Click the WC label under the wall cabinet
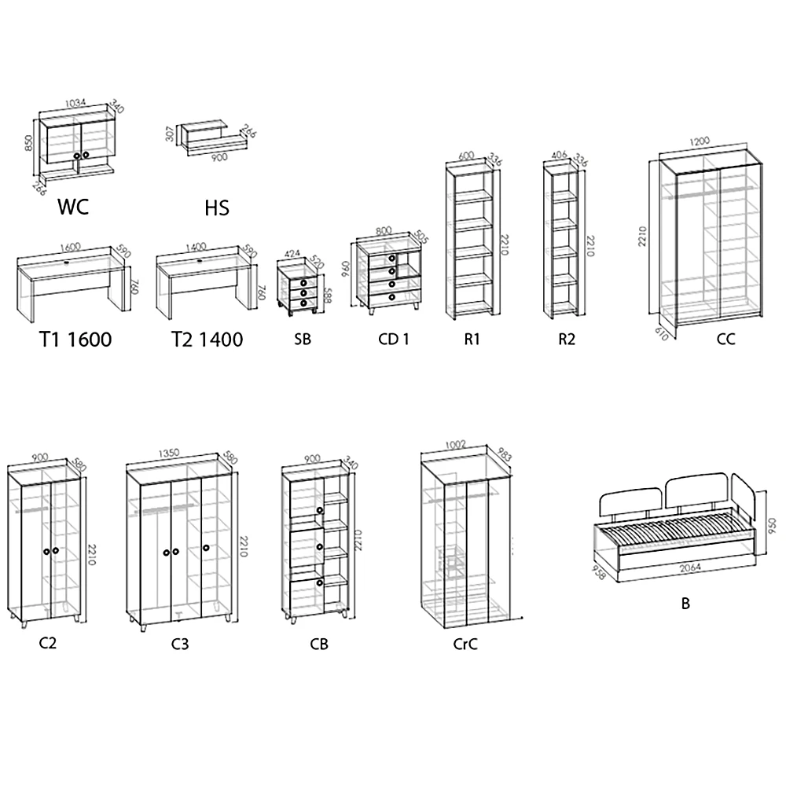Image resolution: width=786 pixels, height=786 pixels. (x=72, y=208)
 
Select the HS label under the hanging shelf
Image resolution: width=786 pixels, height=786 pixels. (x=216, y=208)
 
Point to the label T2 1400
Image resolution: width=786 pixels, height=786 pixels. (x=207, y=340)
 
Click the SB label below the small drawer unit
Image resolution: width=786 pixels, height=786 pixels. (x=303, y=340)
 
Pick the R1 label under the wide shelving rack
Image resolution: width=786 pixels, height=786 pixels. (x=471, y=340)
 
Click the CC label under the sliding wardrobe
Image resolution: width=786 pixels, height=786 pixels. (x=726, y=340)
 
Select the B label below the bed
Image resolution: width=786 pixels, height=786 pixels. (x=685, y=604)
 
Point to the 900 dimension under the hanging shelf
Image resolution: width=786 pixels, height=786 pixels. (x=219, y=156)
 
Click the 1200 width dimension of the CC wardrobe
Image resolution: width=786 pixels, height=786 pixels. (x=700, y=141)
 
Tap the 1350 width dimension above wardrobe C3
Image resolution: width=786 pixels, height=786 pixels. (x=171, y=453)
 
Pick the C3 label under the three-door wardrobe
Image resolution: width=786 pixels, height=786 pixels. (x=180, y=645)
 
